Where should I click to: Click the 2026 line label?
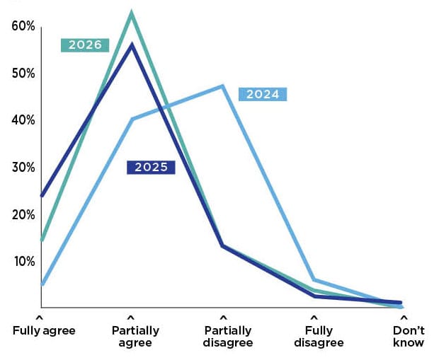[85, 45]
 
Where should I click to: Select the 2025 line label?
[150, 167]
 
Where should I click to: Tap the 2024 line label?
[263, 94]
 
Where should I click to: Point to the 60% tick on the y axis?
[23, 26]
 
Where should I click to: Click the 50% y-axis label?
[23, 74]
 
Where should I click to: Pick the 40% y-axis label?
[23, 120]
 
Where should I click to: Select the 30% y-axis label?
[23, 168]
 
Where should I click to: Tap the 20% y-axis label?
[23, 214]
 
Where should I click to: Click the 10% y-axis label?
[23, 261]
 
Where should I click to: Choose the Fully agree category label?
[44, 330]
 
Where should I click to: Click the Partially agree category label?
[135, 337]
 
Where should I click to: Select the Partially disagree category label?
[227, 337]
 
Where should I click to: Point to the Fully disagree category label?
[319, 337]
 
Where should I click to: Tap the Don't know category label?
[409, 337]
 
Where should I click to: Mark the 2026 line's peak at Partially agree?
[131, 13]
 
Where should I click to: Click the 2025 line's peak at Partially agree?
[131, 45]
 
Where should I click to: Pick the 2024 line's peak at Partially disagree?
[223, 86]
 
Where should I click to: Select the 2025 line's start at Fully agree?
[41, 195]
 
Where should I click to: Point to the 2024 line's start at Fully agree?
[41, 284]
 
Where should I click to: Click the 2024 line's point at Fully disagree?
[314, 280]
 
